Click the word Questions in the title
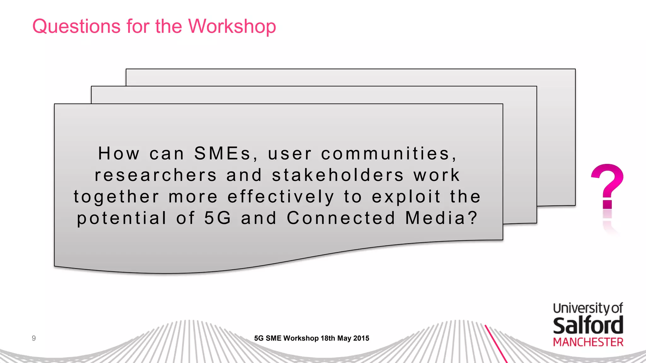(x=76, y=26)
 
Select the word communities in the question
(x=389, y=154)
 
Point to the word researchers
(x=156, y=175)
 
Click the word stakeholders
(x=338, y=175)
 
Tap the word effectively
(x=281, y=197)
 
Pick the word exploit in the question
(x=406, y=197)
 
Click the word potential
(x=122, y=218)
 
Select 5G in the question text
(x=218, y=218)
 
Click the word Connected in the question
(x=341, y=218)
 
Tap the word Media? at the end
(x=442, y=218)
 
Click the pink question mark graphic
(x=607, y=186)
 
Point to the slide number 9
(x=34, y=338)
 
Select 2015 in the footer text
(x=361, y=338)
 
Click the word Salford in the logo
(x=588, y=326)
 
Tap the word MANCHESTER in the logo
(x=588, y=342)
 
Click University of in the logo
(x=588, y=308)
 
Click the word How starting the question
(x=119, y=154)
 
